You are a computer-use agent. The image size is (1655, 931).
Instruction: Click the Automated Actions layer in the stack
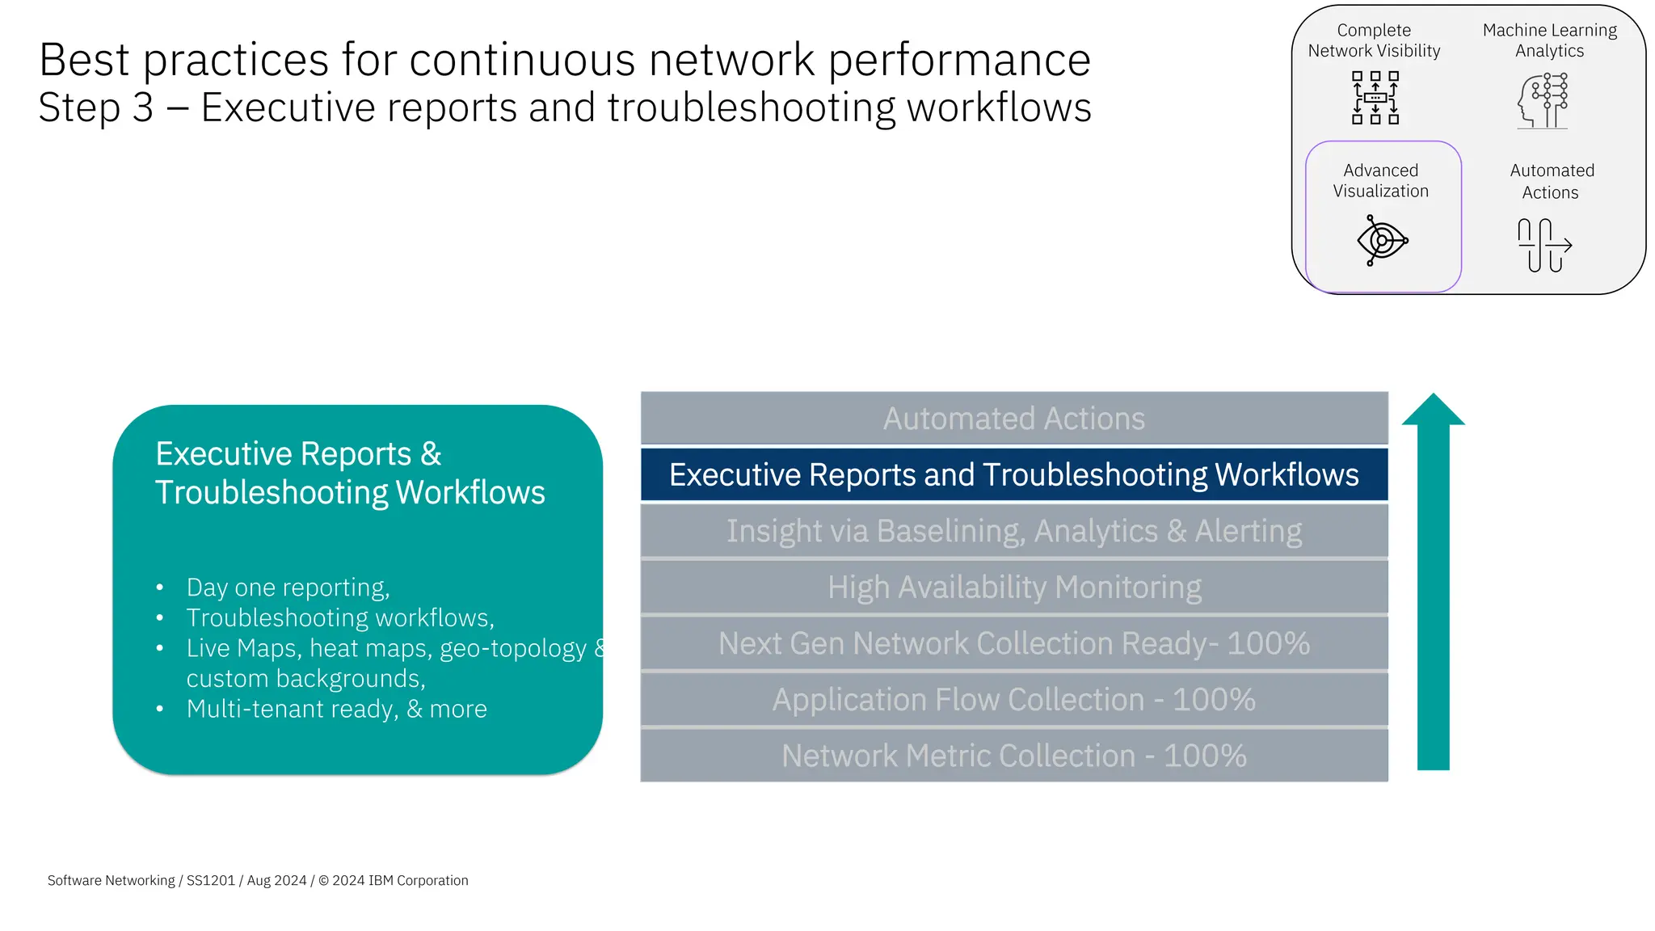click(1013, 419)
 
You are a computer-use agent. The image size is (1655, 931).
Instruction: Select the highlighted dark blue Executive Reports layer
click(1013, 475)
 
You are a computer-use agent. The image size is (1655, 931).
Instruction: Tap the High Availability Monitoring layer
click(1013, 588)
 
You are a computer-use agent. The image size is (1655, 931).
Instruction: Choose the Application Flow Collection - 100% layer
click(1013, 700)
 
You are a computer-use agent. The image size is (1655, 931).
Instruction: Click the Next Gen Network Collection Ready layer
click(1013, 644)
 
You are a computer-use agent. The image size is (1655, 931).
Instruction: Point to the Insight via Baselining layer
click(1013, 532)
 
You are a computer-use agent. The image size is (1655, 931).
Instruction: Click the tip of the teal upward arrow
click(1433, 398)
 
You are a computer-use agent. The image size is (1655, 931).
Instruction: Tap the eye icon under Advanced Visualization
click(1382, 241)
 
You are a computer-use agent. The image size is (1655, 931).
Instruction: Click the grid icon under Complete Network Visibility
click(1375, 98)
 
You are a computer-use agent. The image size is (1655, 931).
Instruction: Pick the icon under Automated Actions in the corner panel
click(1543, 245)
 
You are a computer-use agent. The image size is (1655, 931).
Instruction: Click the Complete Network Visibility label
click(1374, 40)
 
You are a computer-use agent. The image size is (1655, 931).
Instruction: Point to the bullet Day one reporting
click(288, 588)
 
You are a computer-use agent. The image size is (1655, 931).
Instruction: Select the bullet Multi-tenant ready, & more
click(336, 709)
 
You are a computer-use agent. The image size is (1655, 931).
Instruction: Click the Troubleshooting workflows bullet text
click(339, 618)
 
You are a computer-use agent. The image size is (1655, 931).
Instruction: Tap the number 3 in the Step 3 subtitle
click(142, 107)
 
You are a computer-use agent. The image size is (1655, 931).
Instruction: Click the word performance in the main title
click(959, 61)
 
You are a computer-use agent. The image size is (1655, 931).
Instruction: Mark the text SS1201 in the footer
click(210, 880)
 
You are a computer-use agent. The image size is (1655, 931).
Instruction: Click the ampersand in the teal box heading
click(431, 454)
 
